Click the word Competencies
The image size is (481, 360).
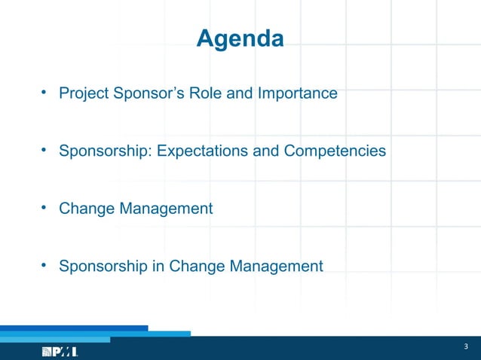(x=335, y=151)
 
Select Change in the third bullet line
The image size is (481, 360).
(x=87, y=209)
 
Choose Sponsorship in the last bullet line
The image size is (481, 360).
(x=104, y=266)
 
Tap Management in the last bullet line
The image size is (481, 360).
(x=276, y=266)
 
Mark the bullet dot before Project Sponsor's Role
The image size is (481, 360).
(x=45, y=93)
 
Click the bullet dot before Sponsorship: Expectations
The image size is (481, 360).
(x=45, y=151)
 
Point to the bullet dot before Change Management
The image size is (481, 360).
(x=45, y=208)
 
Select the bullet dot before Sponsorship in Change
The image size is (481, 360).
(x=45, y=265)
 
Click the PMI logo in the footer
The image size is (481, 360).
(x=60, y=352)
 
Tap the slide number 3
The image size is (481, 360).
(x=466, y=346)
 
